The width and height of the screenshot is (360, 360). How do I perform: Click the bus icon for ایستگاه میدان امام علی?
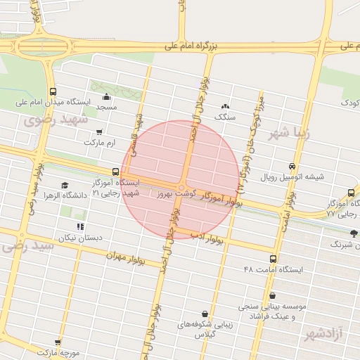(53, 91)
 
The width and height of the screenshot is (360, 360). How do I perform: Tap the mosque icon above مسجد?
(106, 96)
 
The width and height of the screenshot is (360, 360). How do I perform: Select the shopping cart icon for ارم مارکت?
(99, 131)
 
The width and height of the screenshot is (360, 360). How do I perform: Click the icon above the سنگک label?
(225, 105)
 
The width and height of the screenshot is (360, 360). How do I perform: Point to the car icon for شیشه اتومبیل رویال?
(291, 166)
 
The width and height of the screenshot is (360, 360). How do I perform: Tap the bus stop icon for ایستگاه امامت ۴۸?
(273, 259)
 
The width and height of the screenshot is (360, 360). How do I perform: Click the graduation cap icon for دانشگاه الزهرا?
(65, 186)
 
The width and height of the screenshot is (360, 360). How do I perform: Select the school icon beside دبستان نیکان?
(80, 226)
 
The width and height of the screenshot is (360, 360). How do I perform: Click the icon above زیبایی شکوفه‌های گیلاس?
(205, 314)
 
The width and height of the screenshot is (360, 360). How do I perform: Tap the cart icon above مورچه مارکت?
(57, 342)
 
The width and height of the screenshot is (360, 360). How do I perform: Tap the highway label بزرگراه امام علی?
(192, 45)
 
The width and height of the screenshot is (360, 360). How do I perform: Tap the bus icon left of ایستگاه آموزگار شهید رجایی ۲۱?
(115, 172)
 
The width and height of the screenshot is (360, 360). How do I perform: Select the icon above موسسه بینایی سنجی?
(271, 296)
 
